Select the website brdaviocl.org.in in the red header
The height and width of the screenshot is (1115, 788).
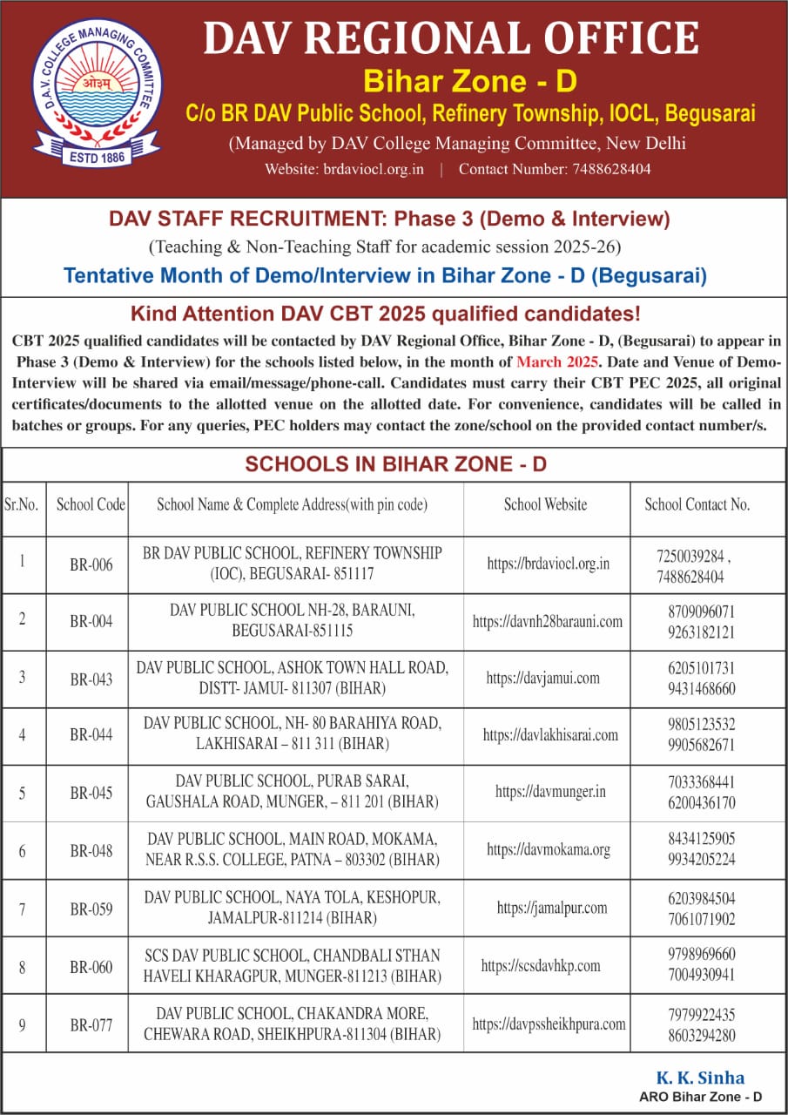tap(368, 169)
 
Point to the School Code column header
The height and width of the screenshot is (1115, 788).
tap(91, 505)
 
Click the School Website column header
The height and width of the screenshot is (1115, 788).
tap(545, 505)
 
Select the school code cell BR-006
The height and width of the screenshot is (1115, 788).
tap(91, 565)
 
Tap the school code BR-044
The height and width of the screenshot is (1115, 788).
tap(91, 735)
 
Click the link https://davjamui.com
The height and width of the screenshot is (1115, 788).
tap(542, 678)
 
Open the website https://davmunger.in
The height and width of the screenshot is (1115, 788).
tap(550, 792)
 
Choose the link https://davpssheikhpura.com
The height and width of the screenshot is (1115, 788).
tap(549, 1024)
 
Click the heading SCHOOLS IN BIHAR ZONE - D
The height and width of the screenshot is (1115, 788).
tap(395, 464)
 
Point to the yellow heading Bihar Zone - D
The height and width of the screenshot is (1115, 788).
tap(470, 82)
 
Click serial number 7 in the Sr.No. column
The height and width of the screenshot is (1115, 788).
tap(22, 907)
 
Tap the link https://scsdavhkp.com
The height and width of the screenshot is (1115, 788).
tap(541, 966)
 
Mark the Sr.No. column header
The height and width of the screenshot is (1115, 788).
tap(22, 505)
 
